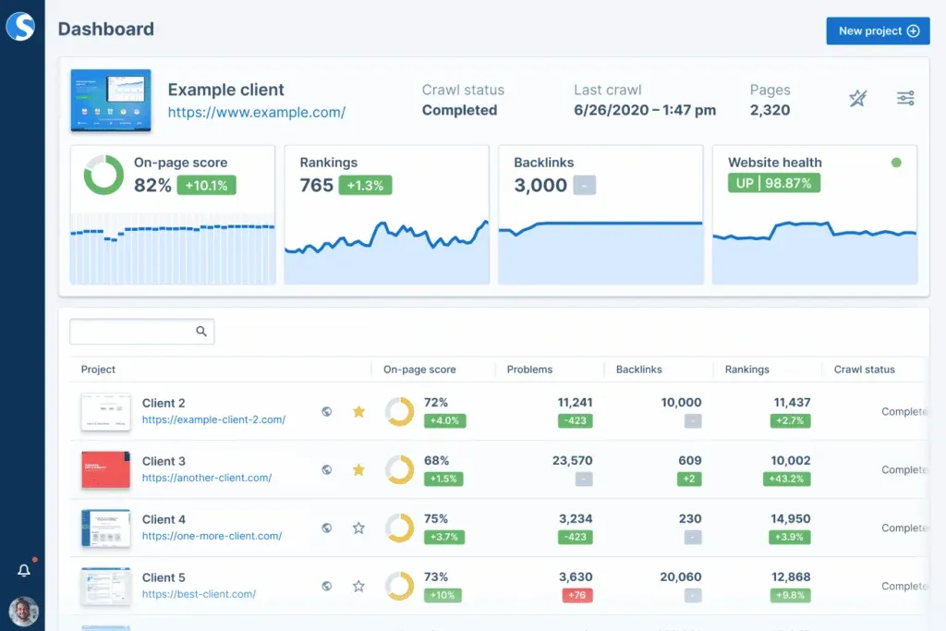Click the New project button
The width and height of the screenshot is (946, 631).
[x=878, y=30]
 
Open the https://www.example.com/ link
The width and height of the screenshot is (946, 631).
[x=256, y=113]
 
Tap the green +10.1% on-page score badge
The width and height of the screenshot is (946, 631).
[x=206, y=185]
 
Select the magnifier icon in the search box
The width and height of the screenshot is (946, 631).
[x=201, y=332]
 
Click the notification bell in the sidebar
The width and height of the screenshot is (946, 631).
[x=24, y=570]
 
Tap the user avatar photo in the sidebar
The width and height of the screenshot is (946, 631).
[x=23, y=611]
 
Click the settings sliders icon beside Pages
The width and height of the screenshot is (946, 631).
[x=905, y=98]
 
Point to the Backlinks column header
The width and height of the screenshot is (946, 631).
[x=639, y=370]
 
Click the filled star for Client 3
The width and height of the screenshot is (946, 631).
[x=358, y=469]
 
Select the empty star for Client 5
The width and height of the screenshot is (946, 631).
[x=358, y=586]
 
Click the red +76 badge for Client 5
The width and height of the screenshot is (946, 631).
[x=576, y=595]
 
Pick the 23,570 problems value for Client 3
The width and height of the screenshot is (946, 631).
[x=572, y=460]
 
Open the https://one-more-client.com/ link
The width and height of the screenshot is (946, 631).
[x=212, y=536]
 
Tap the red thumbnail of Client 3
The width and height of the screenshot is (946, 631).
[x=106, y=469]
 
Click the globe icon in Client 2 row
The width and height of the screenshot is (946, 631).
[x=326, y=411]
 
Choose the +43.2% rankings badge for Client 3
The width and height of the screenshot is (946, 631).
[x=787, y=479]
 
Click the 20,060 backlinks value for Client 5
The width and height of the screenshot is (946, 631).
[x=681, y=576]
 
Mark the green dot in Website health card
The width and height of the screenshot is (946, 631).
[x=896, y=163]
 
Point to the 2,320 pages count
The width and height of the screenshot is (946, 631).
[x=770, y=110]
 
